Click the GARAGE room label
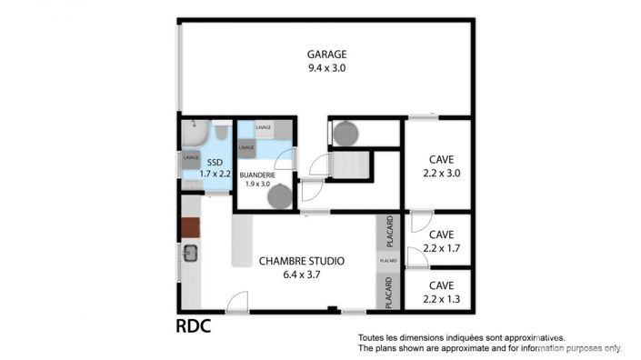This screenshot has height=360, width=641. [326, 54]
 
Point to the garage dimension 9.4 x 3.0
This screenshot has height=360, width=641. [326, 67]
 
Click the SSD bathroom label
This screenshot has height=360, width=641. [215, 162]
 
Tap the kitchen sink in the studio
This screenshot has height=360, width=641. [190, 254]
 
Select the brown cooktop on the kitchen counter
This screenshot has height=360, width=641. [190, 228]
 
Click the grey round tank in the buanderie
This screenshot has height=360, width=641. [281, 195]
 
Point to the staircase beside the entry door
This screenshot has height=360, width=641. [350, 165]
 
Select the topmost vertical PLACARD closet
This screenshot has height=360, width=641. [388, 231]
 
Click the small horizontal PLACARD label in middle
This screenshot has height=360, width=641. [388, 261]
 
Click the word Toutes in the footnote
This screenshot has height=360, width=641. [373, 336]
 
